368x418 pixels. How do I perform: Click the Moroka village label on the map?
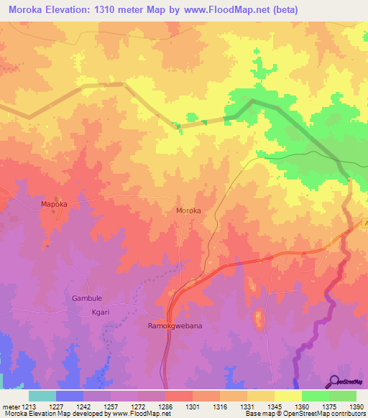(x=188, y=211)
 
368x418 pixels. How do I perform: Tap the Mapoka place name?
(x=54, y=205)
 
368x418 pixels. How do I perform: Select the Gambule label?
(x=88, y=298)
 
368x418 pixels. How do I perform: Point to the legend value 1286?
(x=165, y=406)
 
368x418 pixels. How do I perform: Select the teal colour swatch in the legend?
(x=42, y=396)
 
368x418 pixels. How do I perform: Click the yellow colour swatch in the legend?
(x=287, y=396)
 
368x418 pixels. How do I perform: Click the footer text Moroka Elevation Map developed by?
(x=50, y=414)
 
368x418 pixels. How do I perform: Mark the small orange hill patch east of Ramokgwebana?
(x=259, y=317)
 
